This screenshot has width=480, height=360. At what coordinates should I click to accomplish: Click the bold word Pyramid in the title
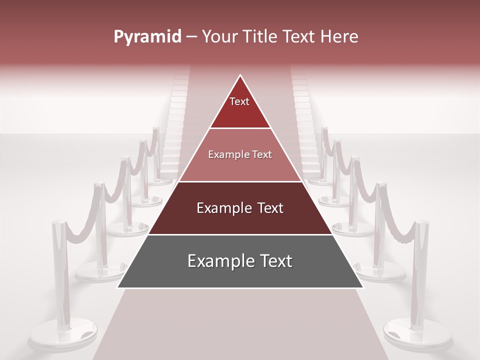pyautogui.click(x=147, y=37)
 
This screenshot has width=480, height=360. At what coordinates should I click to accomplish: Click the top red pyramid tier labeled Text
pyautogui.click(x=240, y=107)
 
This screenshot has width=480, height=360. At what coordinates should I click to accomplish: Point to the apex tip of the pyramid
pyautogui.click(x=240, y=76)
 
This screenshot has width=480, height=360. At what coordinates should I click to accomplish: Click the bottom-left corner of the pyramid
pyautogui.click(x=118, y=287)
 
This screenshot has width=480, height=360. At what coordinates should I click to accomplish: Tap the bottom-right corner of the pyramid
pyautogui.click(x=362, y=287)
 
